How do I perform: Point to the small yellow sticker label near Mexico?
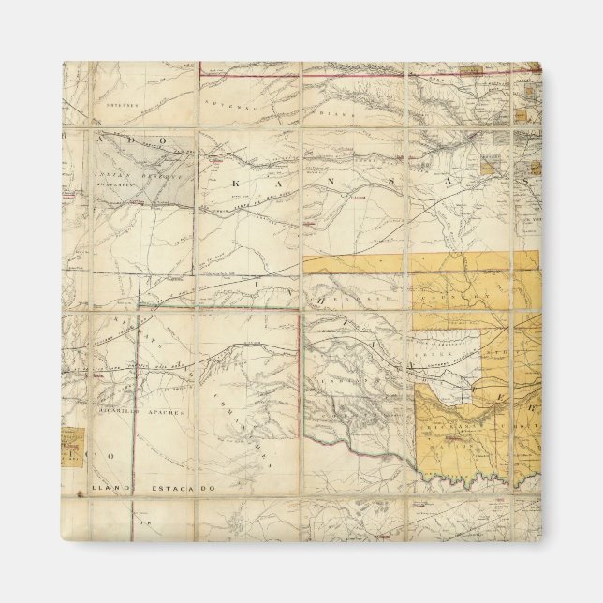pos(71,447)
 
